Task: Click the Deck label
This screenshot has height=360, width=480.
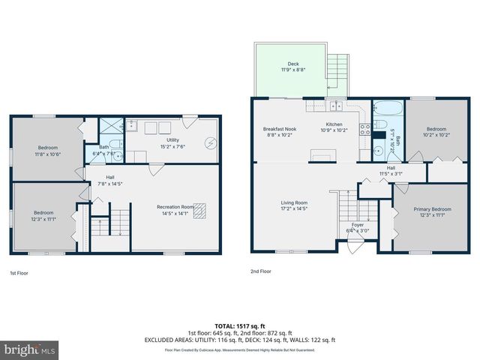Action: tap(292, 64)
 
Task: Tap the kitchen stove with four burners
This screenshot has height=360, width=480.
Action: tap(365, 130)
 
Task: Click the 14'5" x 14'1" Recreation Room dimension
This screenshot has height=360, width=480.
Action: tap(175, 213)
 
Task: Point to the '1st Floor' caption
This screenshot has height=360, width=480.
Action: tap(19, 272)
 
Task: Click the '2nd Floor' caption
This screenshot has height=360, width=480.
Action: tap(261, 271)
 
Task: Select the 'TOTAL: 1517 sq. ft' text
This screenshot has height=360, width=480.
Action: tap(239, 326)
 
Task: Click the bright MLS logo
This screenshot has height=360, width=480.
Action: tap(30, 349)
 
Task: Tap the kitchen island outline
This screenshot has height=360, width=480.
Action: tap(323, 156)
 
